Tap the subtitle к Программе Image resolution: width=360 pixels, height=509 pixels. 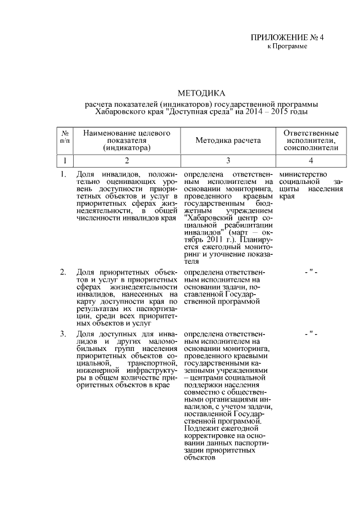pos(287,46)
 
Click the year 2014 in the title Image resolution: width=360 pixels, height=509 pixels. pos(252,112)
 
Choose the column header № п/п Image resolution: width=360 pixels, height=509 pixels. pos(65,136)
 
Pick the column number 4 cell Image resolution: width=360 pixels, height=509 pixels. pos(311,161)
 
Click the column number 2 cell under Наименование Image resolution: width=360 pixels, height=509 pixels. pos(127,161)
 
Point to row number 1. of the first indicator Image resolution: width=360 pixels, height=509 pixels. pos(63,175)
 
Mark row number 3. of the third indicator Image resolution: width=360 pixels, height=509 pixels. pos(63,335)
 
